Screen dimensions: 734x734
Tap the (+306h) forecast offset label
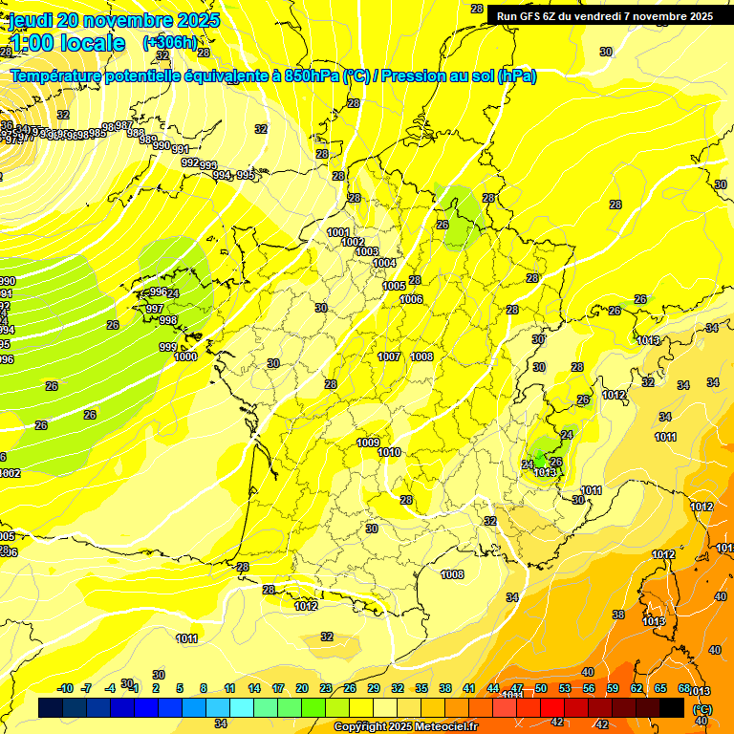coord(170,42)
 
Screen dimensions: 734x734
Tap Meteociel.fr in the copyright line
coord(443,727)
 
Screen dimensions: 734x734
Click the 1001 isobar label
coord(338,232)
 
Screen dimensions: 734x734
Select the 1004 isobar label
coord(384,263)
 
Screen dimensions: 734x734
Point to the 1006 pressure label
coord(411,299)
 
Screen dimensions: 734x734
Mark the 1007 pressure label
coord(389,356)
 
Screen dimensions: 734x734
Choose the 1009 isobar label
coord(368,443)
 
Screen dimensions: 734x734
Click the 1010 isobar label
coord(389,452)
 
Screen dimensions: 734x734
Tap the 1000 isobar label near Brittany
coord(185,356)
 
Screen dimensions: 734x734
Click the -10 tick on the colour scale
coord(65,688)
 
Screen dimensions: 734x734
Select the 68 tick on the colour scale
coord(684,688)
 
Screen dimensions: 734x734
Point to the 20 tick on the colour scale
coord(301,688)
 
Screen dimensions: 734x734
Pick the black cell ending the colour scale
coord(672,707)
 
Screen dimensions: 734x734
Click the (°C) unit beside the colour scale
coord(702,708)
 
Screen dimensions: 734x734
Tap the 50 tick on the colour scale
coord(541,688)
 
